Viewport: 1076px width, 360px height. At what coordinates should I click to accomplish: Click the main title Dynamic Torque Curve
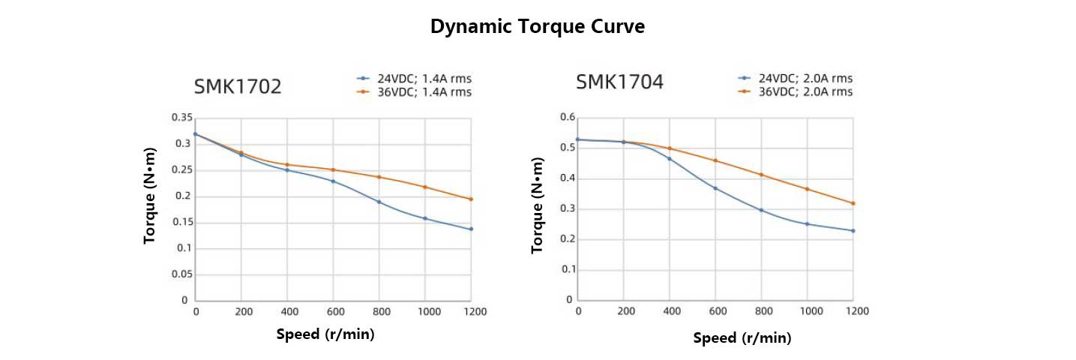coord(538,27)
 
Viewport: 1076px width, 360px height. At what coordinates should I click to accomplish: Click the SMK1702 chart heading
coord(238,87)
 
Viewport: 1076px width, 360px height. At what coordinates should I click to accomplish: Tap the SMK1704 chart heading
coord(619,82)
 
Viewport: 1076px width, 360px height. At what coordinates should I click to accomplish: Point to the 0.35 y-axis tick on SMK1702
coord(181,118)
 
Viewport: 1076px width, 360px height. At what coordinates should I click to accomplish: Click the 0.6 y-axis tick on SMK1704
coord(568,118)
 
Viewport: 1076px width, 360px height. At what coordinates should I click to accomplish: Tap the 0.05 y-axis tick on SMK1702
coord(181,274)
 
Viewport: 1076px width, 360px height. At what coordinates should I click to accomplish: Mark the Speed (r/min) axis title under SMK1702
coord(325,334)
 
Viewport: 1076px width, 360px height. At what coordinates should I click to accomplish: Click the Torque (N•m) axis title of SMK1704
coord(537,205)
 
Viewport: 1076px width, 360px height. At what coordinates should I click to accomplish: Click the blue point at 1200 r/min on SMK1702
coord(471,229)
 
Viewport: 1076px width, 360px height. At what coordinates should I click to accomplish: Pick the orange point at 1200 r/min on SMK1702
coord(471,199)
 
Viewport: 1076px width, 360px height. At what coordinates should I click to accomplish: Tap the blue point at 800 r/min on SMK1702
coord(379,202)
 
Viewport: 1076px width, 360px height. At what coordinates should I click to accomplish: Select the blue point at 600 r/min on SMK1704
coord(715,188)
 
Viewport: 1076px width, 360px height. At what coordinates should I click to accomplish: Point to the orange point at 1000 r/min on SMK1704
coord(808,189)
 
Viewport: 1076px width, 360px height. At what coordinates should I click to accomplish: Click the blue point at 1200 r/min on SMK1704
coord(853,231)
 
